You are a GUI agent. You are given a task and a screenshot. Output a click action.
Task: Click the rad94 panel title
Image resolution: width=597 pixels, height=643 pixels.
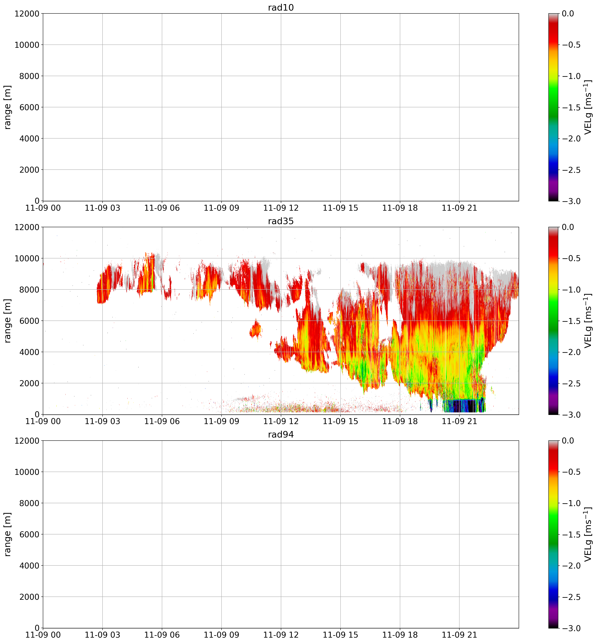pyautogui.click(x=281, y=435)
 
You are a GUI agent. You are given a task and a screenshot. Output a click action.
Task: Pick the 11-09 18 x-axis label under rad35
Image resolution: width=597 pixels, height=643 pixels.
pyautogui.click(x=400, y=421)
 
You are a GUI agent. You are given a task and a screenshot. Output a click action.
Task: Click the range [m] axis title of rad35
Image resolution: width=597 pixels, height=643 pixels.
pyautogui.click(x=8, y=321)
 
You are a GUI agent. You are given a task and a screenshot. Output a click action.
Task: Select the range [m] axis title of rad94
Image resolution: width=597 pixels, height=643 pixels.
pyautogui.click(x=8, y=534)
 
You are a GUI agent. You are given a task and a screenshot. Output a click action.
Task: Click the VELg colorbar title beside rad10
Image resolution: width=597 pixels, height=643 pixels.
pyautogui.click(x=588, y=107)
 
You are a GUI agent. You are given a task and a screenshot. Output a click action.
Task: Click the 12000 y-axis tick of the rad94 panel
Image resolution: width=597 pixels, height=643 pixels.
pyautogui.click(x=27, y=441)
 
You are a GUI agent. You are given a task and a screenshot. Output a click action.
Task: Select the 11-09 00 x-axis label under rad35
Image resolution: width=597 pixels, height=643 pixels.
pyautogui.click(x=43, y=421)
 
